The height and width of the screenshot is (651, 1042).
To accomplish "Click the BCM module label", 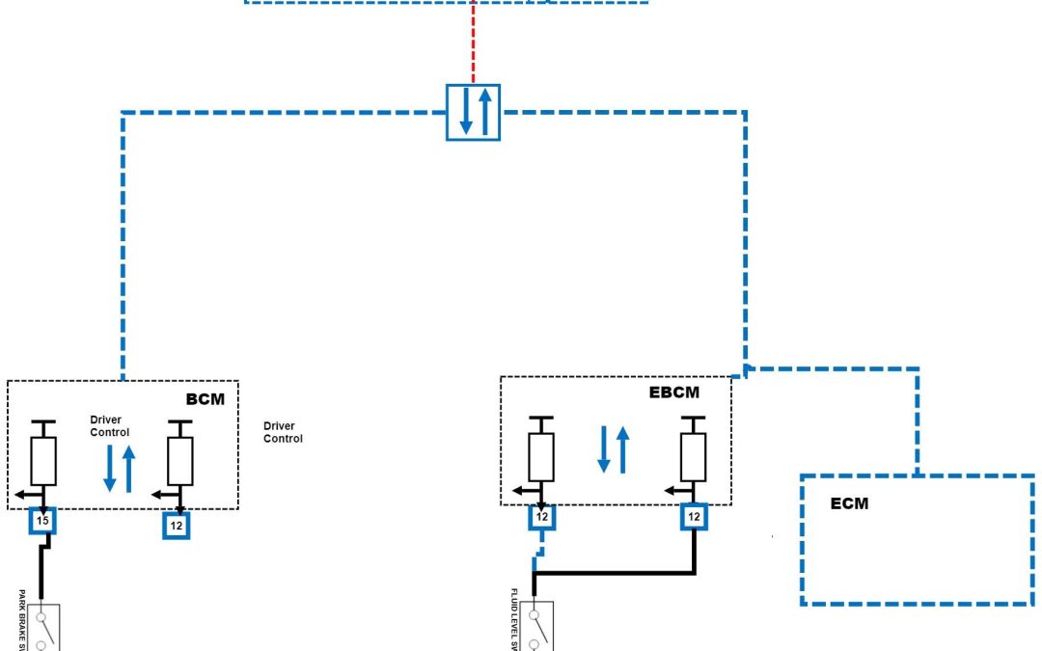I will (206, 397).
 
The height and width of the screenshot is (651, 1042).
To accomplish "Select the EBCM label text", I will (674, 392).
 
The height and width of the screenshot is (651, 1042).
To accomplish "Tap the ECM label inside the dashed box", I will (849, 503).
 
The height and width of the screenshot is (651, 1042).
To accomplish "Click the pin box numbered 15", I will (41, 521).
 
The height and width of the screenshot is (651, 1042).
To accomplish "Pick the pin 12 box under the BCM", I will (176, 526).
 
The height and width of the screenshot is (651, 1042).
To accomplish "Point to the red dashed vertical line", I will (473, 43).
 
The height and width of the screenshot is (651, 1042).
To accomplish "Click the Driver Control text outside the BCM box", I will (283, 432).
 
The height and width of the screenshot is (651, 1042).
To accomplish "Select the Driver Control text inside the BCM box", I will (109, 426).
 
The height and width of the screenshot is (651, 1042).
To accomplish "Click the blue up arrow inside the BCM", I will (129, 469).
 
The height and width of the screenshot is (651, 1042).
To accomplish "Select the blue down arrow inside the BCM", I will (109, 469).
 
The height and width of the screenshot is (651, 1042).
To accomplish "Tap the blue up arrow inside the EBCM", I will (623, 449).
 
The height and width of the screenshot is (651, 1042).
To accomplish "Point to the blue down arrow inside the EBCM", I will (604, 449).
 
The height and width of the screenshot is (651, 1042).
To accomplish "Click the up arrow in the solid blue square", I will (484, 111).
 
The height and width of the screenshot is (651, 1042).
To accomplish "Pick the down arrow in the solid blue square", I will (465, 111).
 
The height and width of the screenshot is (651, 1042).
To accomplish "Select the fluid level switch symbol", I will (536, 627).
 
